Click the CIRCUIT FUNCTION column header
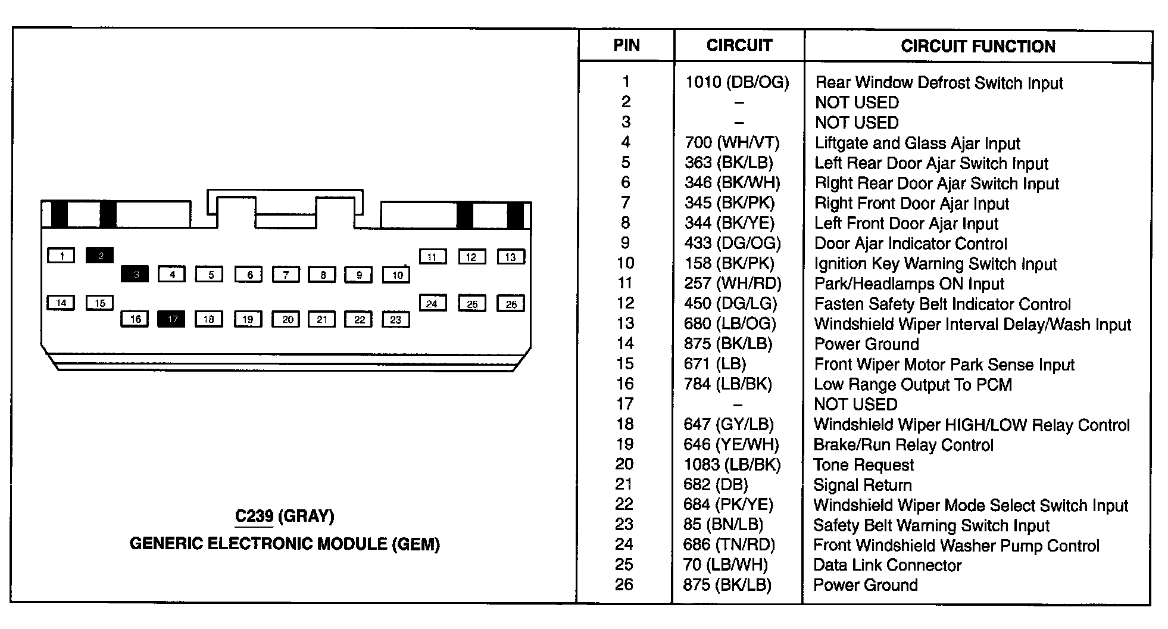tap(978, 46)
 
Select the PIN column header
tap(626, 46)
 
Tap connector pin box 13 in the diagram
tap(510, 257)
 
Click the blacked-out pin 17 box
tap(171, 319)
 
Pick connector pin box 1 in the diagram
tap(61, 256)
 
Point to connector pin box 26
tap(511, 304)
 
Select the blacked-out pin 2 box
tap(100, 256)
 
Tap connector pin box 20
tap(287, 319)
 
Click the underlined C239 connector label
tap(254, 516)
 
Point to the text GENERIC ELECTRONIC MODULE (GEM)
tap(285, 544)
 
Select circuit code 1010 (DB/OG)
tap(737, 82)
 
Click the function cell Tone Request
tap(863, 465)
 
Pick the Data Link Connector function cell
tap(887, 565)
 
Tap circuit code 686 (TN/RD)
tap(729, 544)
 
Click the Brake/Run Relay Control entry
tap(903, 445)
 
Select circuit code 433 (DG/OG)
tap(732, 243)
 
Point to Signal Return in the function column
tap(862, 485)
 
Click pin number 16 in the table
tap(625, 384)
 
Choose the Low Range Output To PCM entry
tap(913, 384)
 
